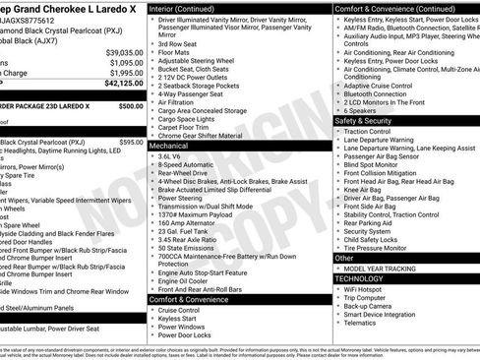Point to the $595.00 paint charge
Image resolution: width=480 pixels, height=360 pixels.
click(x=130, y=142)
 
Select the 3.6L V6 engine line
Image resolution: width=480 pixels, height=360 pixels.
click(x=169, y=155)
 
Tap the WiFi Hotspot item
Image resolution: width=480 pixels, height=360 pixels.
click(x=365, y=290)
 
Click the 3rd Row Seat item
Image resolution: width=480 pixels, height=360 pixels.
click(x=176, y=44)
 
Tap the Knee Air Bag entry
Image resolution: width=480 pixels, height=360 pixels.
click(x=365, y=190)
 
